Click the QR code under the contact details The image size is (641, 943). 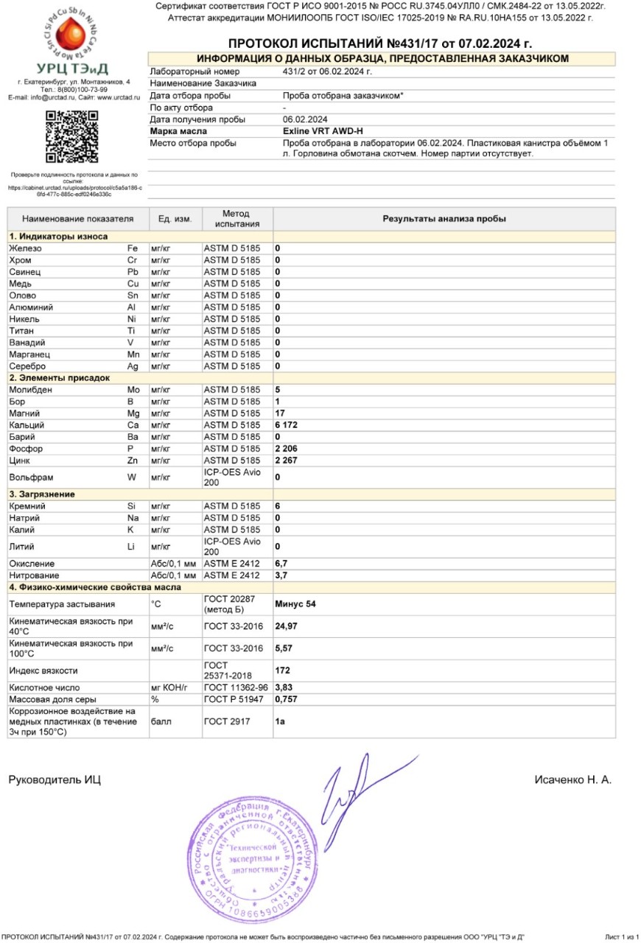71,136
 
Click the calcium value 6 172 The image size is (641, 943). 286,425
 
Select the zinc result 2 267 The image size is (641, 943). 286,460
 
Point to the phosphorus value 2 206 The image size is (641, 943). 286,449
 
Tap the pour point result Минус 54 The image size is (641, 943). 295,604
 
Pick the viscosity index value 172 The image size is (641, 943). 282,670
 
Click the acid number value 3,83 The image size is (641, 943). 284,687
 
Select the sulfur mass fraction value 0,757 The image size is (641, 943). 286,699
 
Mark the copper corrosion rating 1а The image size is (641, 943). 280,721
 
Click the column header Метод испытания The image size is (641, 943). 237,219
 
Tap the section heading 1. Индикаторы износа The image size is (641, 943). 58,236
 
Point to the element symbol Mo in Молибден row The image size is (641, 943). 134,390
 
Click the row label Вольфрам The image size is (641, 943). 29,477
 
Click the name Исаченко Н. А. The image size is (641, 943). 572,779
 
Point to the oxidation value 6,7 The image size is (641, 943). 281,564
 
